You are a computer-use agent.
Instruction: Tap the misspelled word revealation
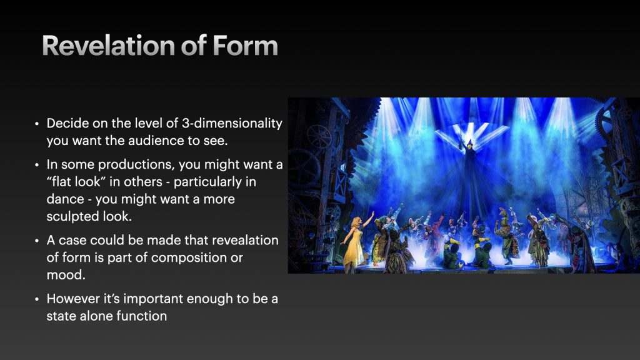tap(245, 241)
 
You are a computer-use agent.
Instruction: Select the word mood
tap(66, 275)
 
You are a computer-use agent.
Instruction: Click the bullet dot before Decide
tap(37, 124)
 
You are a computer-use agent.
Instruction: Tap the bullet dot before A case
tap(37, 241)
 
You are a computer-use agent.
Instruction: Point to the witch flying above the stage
tap(470, 163)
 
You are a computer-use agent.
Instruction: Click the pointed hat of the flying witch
tap(470, 143)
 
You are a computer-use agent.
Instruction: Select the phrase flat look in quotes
tap(76, 182)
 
